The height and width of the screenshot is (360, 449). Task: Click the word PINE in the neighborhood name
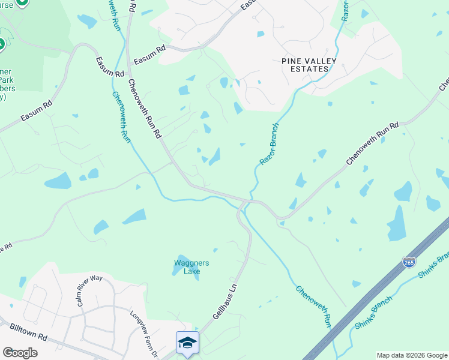(293, 61)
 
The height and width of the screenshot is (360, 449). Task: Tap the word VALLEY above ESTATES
(318, 61)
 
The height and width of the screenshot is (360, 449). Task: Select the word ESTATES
(306, 69)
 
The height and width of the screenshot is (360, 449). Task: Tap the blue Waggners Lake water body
(178, 269)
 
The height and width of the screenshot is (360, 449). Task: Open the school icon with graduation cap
(187, 342)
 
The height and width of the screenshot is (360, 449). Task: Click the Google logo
(20, 353)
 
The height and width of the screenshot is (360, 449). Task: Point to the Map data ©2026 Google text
(412, 355)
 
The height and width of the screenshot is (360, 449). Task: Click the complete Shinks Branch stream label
(373, 313)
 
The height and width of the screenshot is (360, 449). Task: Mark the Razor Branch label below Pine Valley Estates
(270, 144)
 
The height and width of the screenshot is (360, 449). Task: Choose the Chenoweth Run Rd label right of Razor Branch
(372, 145)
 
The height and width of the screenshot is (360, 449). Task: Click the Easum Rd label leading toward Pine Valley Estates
(150, 58)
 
